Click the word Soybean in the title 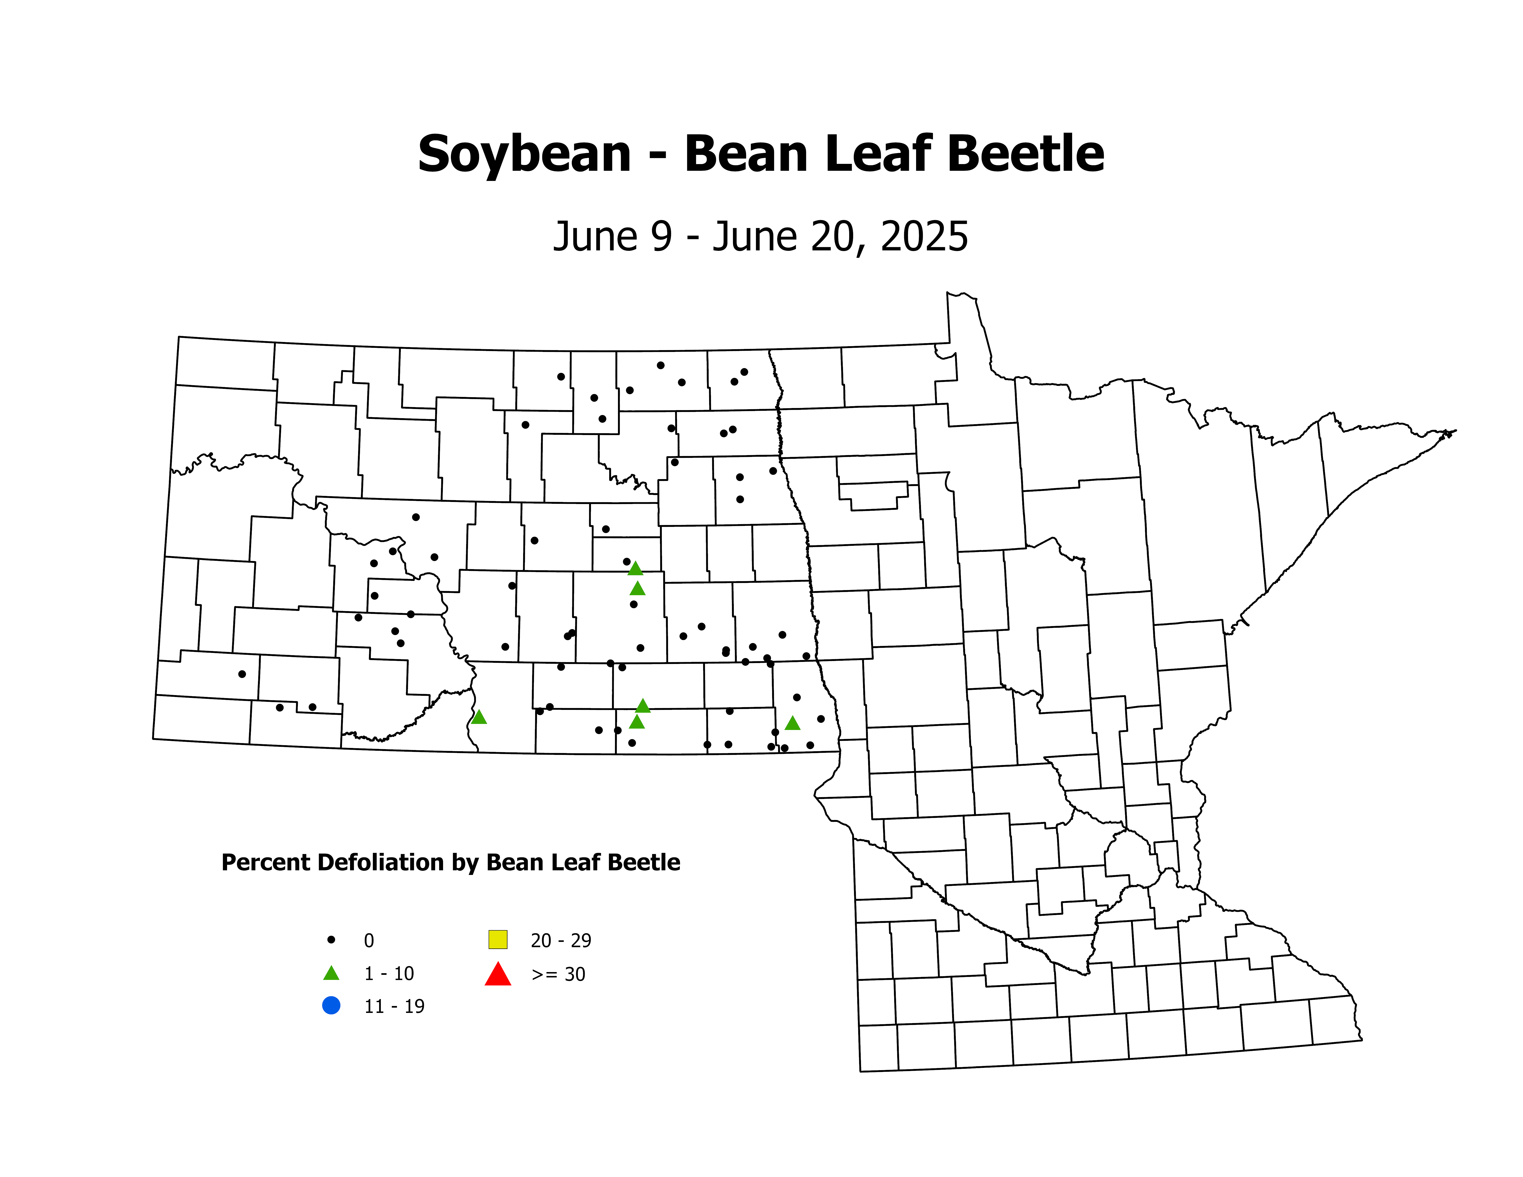525,155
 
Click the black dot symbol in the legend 331,940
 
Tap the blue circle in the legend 331,1006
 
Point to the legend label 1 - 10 388,973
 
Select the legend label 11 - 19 394,1006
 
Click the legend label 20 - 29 561,941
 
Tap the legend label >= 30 558,974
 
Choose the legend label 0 369,941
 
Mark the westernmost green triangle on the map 478,717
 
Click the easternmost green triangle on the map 792,723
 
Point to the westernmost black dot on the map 242,674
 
